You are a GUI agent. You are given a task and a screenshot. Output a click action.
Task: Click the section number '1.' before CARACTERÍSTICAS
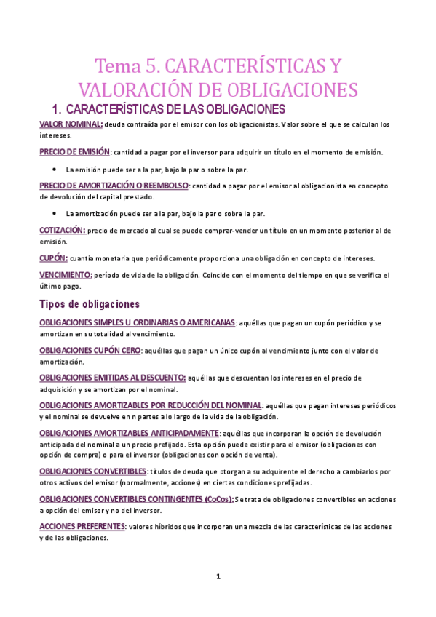[x=51, y=109]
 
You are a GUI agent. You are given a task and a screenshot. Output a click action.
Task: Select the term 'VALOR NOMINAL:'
[x=71, y=124]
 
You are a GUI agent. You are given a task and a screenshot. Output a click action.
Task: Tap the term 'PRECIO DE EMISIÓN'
[x=74, y=151]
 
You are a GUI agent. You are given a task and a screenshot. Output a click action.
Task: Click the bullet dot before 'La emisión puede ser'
[x=55, y=170]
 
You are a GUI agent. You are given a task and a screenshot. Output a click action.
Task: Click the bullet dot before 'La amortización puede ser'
[x=55, y=213]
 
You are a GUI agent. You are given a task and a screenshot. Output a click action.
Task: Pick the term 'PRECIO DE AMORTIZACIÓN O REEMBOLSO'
[x=113, y=186]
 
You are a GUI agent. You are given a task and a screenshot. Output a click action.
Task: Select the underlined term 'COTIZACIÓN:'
[x=62, y=230]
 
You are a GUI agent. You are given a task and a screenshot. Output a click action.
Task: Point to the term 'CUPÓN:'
[x=53, y=258]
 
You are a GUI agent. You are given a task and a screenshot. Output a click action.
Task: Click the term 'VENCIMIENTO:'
[x=66, y=275]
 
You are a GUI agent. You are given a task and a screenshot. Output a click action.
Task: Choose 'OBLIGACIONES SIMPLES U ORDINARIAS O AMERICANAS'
[x=137, y=322]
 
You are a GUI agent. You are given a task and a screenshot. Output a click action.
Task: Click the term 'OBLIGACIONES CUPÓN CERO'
[x=90, y=350]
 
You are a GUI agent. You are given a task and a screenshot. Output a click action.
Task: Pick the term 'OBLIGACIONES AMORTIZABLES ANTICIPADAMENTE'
[x=129, y=432]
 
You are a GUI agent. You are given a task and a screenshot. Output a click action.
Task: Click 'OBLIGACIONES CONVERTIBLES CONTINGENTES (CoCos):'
[x=136, y=499]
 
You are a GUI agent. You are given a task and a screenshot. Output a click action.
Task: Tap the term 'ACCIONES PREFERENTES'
[x=82, y=526]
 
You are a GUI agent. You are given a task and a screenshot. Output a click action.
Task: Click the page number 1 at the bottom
[x=218, y=576]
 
